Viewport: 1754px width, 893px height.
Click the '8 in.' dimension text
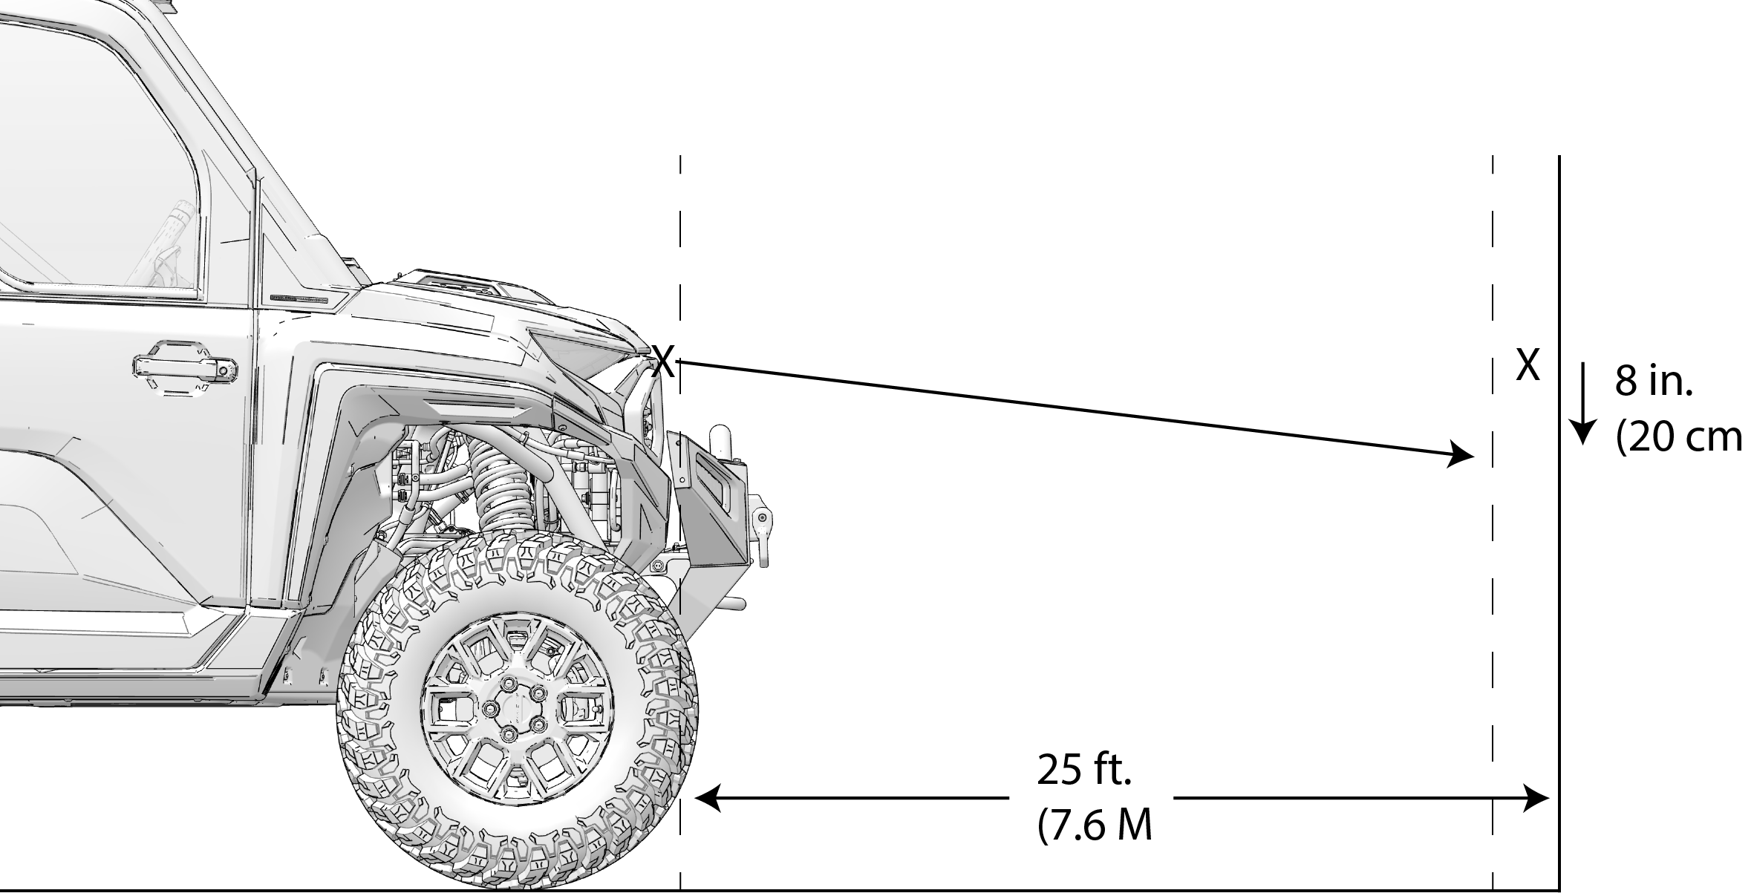[x=1654, y=383]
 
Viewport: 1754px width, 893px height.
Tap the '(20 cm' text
[x=1679, y=438]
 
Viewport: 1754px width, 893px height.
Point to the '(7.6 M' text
[x=1095, y=825]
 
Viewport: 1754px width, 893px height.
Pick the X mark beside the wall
[x=1528, y=365]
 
